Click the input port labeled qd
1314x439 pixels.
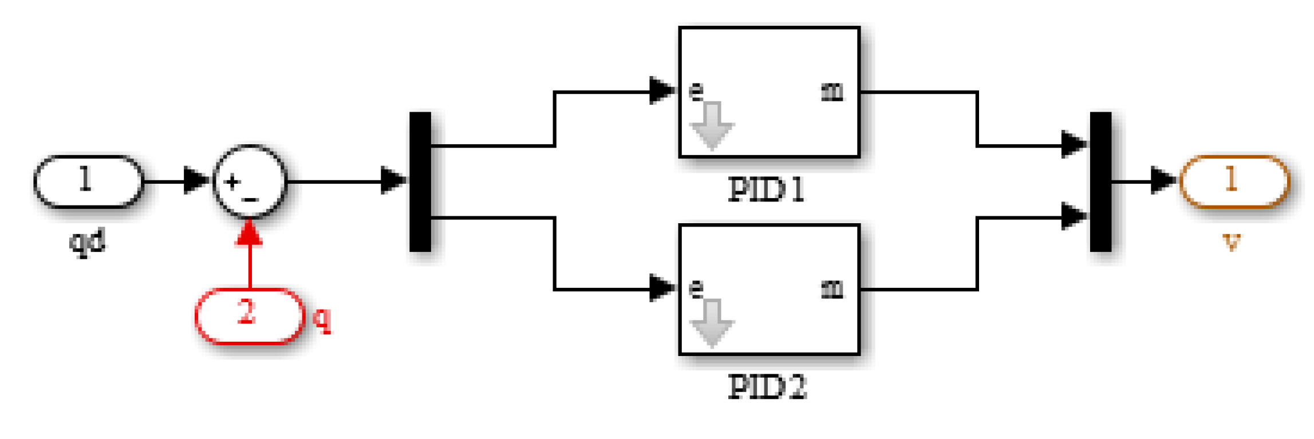[88, 181]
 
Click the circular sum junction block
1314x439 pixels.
[249, 181]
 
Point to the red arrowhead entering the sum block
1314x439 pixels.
[249, 234]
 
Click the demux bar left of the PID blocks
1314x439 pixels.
[420, 181]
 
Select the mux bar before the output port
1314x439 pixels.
[1100, 181]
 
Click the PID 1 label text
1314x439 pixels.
[767, 191]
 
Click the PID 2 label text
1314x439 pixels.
[767, 387]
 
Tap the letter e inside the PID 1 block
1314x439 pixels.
[696, 92]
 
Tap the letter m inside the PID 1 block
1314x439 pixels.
[832, 92]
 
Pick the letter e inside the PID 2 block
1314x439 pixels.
[696, 289]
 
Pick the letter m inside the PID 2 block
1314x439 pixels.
[832, 289]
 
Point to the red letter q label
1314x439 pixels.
[323, 318]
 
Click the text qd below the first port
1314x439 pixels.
[88, 241]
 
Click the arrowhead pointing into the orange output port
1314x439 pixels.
[1163, 181]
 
